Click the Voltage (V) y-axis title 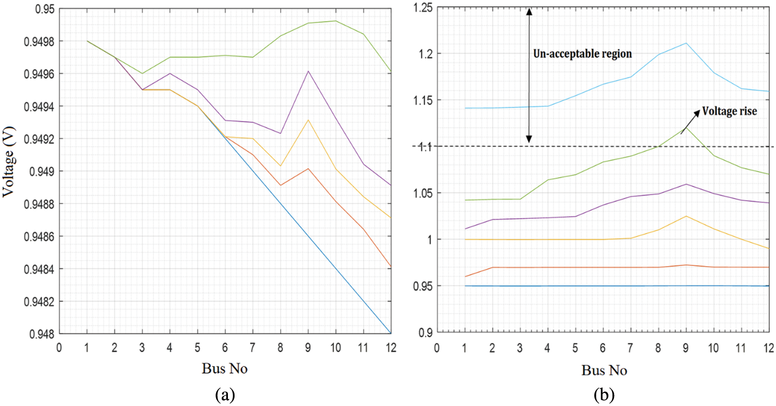click(9, 162)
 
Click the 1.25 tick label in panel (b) click(423, 8)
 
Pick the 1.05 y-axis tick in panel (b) click(423, 193)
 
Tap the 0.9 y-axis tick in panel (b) click(426, 332)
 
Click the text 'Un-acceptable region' click(582, 54)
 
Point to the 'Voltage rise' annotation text click(729, 111)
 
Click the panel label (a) click(225, 394)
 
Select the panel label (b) click(604, 394)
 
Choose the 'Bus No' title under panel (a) click(224, 368)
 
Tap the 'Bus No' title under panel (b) click(604, 370)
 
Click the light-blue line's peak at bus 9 click(686, 43)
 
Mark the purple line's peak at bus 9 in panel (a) click(308, 71)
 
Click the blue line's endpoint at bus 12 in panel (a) click(391, 333)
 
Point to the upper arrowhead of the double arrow click(529, 11)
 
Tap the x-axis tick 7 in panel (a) click(252, 347)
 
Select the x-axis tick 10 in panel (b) click(713, 348)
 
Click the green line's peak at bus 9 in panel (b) click(686, 128)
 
